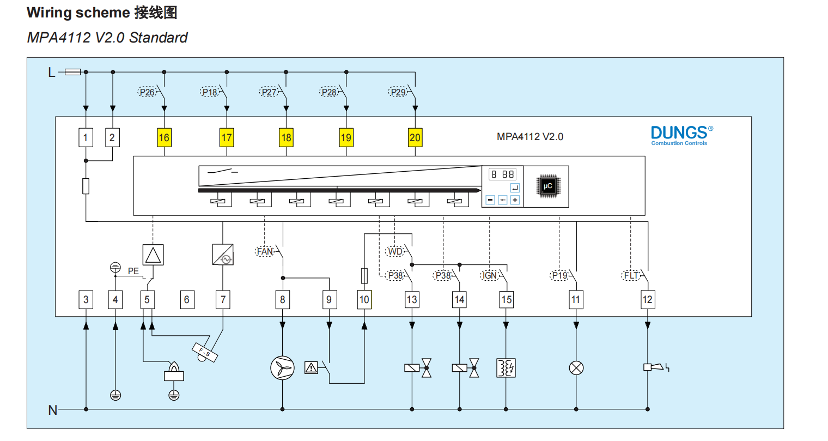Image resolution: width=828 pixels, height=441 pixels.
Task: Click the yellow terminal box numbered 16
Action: coord(164,137)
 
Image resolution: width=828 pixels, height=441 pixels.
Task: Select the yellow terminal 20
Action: coord(415,137)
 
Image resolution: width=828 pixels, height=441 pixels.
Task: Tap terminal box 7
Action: coord(223,299)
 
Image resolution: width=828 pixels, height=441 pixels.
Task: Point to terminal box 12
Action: coord(647,299)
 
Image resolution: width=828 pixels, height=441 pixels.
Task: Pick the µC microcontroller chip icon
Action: coord(547,186)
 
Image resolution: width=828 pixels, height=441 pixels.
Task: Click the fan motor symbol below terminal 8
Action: coord(282,368)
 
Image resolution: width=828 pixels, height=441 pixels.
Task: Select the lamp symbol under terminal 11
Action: coord(576,368)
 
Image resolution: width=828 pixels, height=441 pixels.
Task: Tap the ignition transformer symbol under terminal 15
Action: coord(506,368)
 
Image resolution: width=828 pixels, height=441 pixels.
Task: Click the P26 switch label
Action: coord(147,92)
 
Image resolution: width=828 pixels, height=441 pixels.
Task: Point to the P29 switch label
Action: coord(398,92)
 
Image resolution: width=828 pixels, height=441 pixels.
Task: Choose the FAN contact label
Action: coord(265,251)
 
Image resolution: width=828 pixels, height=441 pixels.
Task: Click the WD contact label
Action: coord(394,251)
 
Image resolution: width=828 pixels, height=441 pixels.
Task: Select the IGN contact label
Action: coord(490,275)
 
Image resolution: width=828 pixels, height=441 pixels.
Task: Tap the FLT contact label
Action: coord(631,275)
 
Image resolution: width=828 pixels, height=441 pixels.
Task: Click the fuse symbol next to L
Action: coord(73,72)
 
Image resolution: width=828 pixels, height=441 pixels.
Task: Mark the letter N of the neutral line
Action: coord(53,410)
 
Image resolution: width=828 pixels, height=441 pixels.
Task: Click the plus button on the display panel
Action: coord(515,200)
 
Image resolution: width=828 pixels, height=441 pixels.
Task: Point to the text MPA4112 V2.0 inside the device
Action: coord(529,137)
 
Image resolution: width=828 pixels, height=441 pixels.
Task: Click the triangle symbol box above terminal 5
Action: coord(153,255)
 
